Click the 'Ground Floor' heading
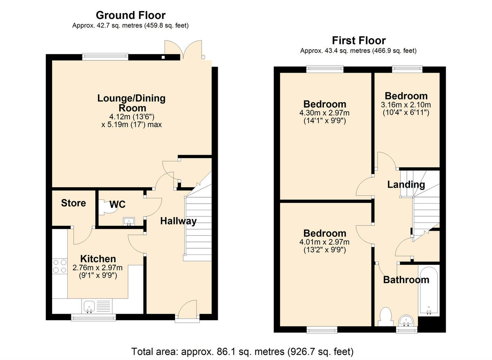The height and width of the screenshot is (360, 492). [x=130, y=16]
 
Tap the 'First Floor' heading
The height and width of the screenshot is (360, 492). [x=358, y=41]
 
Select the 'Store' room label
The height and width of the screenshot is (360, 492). [x=73, y=203]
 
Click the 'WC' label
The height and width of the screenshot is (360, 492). [x=117, y=204]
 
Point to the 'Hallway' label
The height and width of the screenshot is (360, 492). [x=178, y=221]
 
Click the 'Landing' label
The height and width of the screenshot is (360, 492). [x=406, y=185]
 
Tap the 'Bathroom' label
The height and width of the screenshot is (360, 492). [x=406, y=280]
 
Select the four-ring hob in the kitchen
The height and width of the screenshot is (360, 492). [x=59, y=266]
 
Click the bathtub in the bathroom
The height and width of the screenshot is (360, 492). [x=428, y=291]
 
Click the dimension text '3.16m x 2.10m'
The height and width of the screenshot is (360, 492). [x=406, y=105]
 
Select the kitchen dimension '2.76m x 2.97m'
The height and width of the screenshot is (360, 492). [x=98, y=268]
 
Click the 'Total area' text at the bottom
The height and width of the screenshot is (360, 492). [x=242, y=352]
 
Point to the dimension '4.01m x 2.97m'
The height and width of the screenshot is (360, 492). [x=324, y=242]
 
